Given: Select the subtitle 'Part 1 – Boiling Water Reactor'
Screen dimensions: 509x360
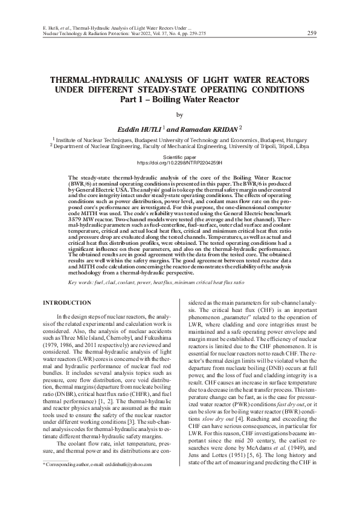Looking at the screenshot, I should [180, 100].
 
